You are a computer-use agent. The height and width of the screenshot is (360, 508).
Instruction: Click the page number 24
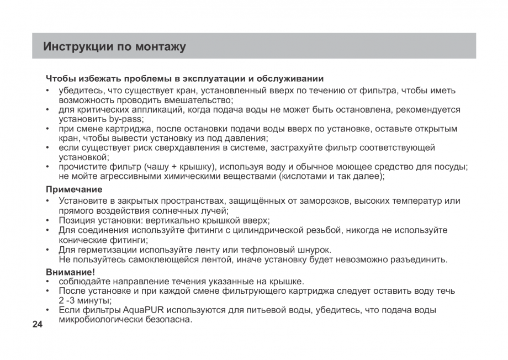(37, 324)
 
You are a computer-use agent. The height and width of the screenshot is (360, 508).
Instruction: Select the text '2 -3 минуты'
(84, 300)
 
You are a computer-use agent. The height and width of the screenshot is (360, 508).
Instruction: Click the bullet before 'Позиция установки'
(49, 220)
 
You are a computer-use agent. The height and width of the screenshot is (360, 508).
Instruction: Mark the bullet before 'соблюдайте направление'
(49, 281)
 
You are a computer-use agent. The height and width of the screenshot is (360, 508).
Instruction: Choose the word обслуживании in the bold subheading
(293, 78)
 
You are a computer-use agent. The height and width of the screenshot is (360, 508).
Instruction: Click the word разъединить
(421, 259)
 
